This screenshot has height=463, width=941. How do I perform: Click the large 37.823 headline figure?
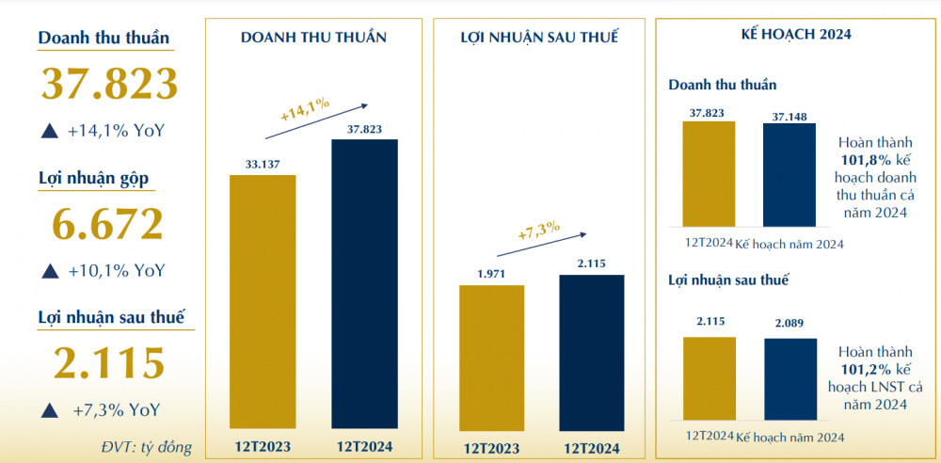point(109,84)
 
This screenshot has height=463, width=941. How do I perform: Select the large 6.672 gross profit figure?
point(109,223)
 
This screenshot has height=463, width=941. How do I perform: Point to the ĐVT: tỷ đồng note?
point(146,445)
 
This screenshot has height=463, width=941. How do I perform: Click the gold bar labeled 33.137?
point(263,301)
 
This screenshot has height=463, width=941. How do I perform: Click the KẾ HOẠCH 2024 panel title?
point(796,35)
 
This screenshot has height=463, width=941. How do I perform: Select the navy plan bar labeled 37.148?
point(789,175)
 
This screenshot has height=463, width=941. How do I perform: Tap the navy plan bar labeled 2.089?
point(789,378)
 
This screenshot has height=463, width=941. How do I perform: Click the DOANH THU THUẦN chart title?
point(313,38)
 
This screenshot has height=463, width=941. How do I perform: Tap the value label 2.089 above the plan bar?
point(789,324)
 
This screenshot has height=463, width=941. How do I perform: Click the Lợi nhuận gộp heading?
point(93,178)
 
